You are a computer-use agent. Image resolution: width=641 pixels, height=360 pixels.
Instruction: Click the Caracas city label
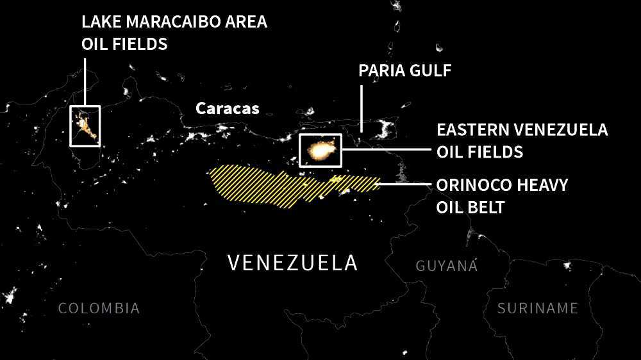[228, 108]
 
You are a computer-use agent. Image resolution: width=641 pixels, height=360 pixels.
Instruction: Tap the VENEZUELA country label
[292, 263]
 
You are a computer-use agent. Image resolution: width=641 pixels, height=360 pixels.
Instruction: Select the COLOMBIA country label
[99, 308]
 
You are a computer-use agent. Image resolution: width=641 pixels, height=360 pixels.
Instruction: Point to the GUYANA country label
[447, 265]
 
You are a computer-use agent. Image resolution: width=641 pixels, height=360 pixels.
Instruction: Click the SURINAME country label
[538, 308]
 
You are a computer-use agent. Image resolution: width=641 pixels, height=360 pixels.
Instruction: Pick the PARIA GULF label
[404, 70]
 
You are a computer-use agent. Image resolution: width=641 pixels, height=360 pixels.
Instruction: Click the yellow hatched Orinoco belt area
[269, 183]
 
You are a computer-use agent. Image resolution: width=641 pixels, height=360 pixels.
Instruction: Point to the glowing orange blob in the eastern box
[321, 151]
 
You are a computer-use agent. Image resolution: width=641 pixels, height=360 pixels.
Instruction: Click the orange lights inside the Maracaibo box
[85, 126]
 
